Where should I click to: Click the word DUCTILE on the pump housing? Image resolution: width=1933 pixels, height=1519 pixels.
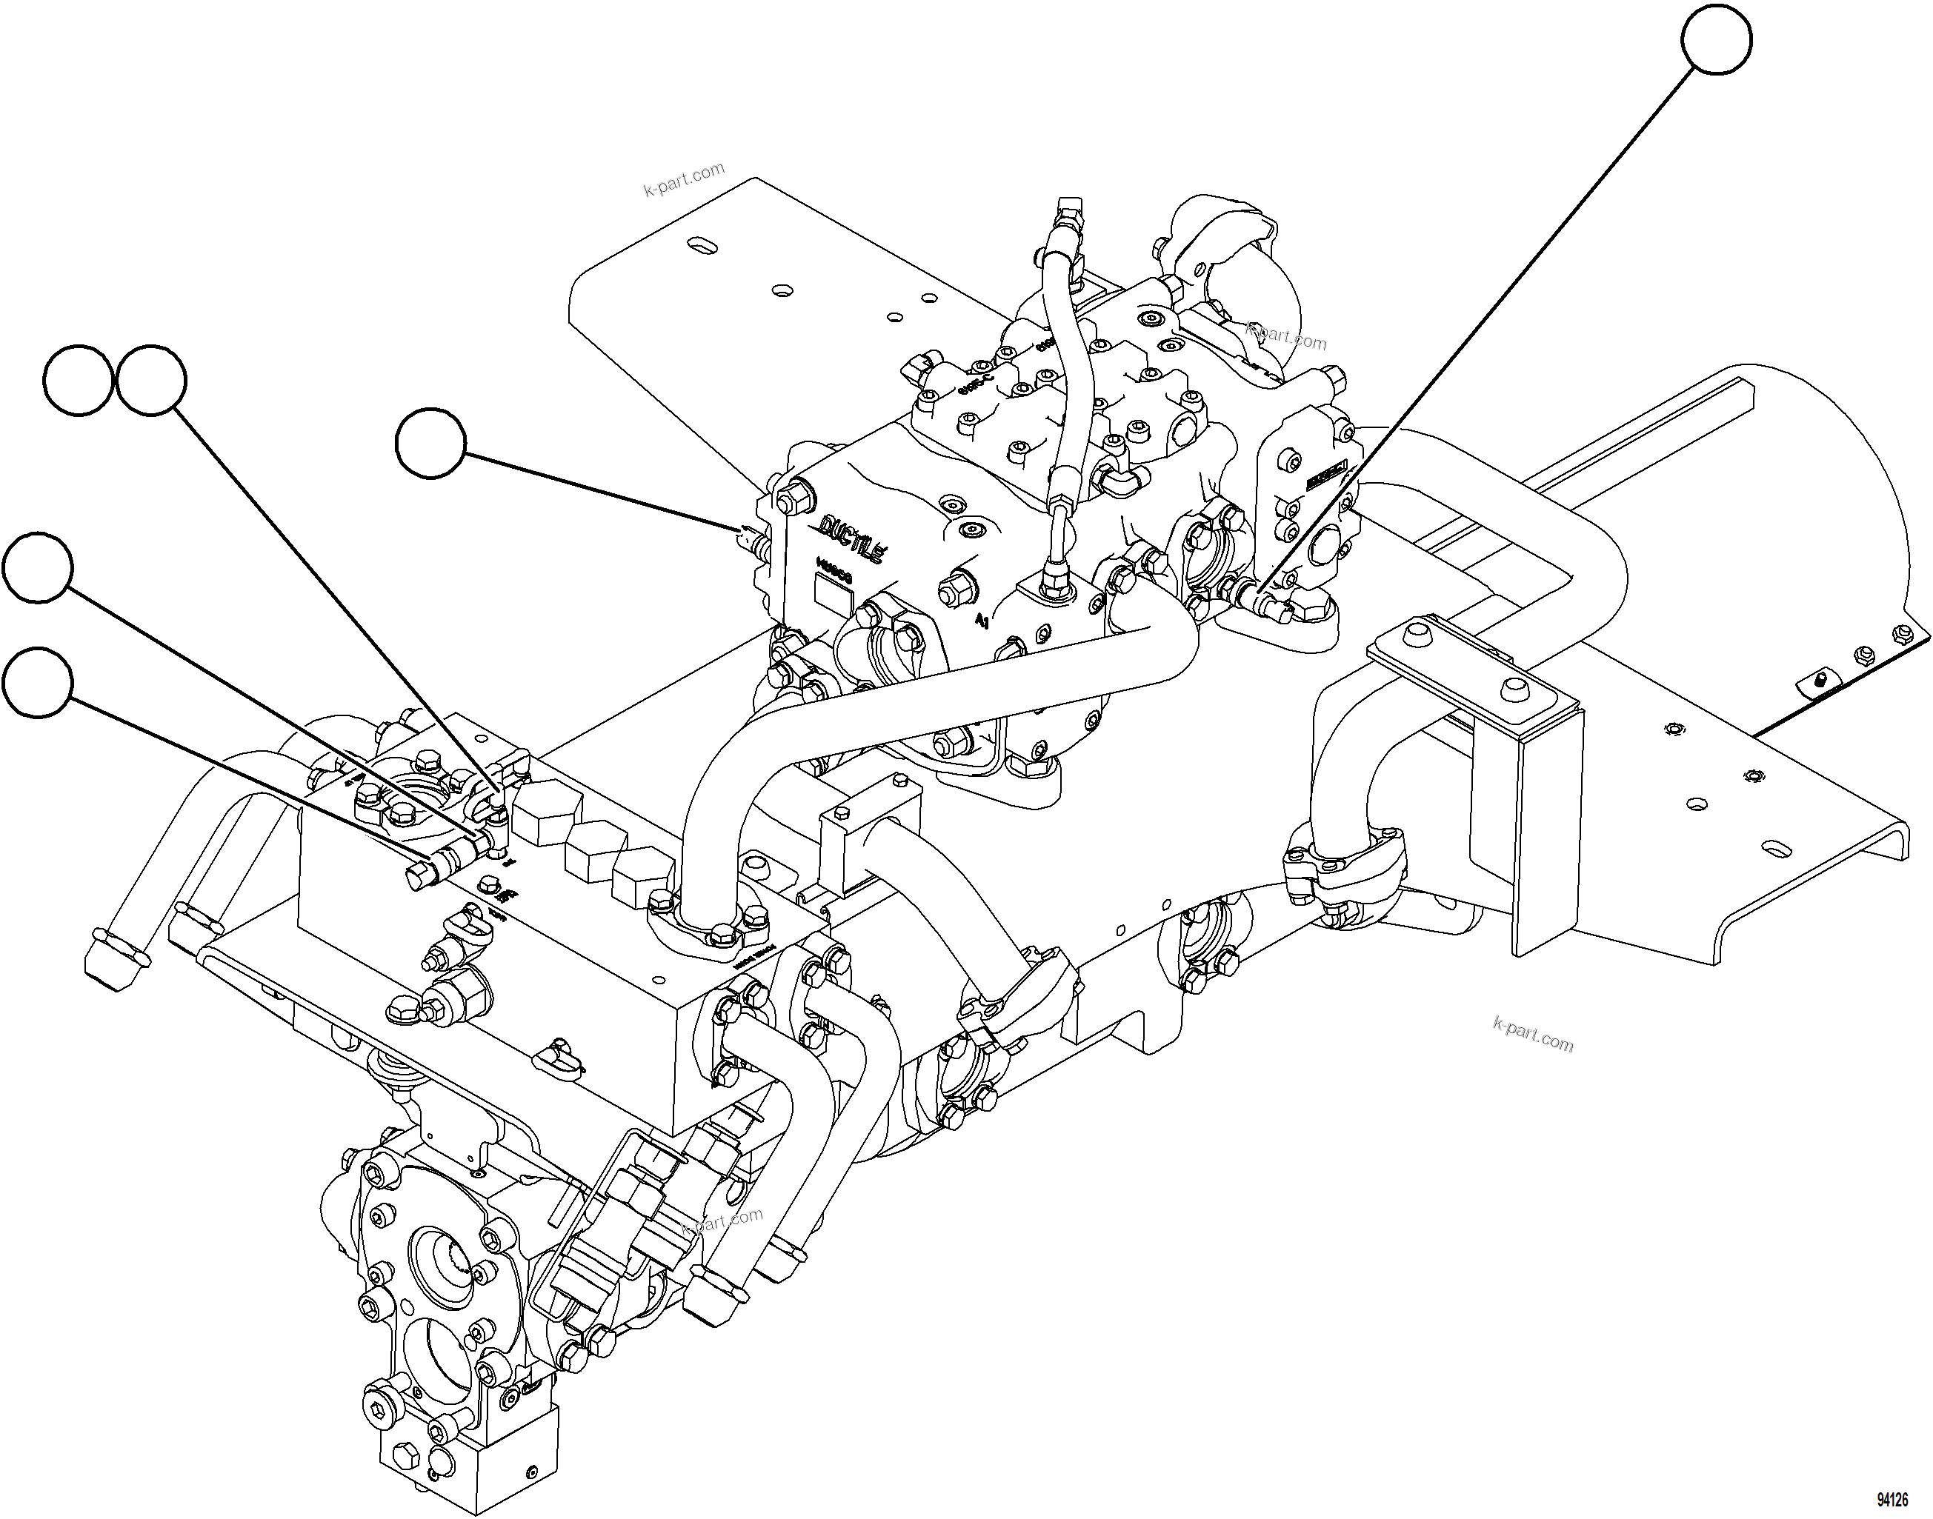(851, 538)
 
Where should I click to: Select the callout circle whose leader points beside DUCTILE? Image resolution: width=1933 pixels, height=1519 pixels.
(430, 444)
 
